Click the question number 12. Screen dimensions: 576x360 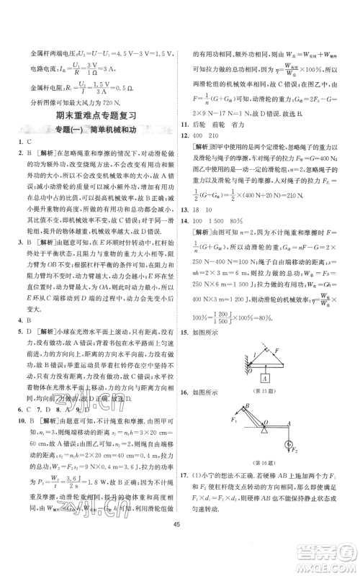coord(191,134)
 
